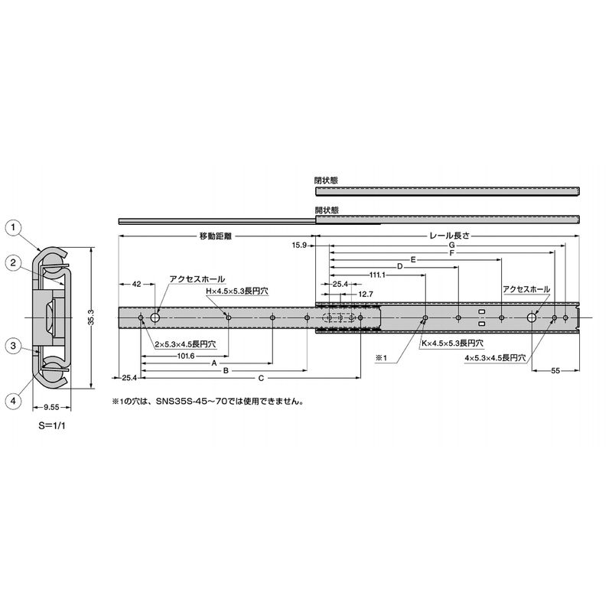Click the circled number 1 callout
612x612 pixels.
[14, 227]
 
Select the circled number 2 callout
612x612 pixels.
[14, 262]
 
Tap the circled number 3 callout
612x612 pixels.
[14, 346]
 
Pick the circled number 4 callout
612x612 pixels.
[14, 401]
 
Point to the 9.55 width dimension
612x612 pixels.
[51, 408]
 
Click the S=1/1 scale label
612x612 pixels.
[51, 426]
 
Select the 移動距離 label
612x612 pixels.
[216, 236]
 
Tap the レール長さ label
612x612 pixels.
[450, 236]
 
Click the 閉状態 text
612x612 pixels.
[327, 181]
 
